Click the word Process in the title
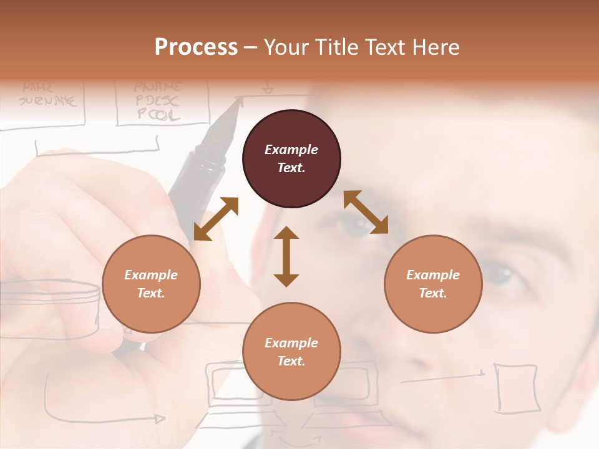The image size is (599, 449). (x=196, y=47)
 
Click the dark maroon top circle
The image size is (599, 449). (x=291, y=159)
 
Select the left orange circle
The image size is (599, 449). (x=151, y=284)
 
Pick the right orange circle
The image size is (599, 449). (x=433, y=284)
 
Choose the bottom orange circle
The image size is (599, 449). (x=291, y=352)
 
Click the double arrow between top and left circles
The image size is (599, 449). (x=216, y=219)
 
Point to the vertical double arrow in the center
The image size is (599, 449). (x=286, y=256)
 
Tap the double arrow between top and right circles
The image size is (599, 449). (x=366, y=213)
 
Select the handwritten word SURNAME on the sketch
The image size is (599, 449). (x=48, y=100)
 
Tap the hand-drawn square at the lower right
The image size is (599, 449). (x=516, y=388)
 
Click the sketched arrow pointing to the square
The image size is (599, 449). (x=443, y=376)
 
